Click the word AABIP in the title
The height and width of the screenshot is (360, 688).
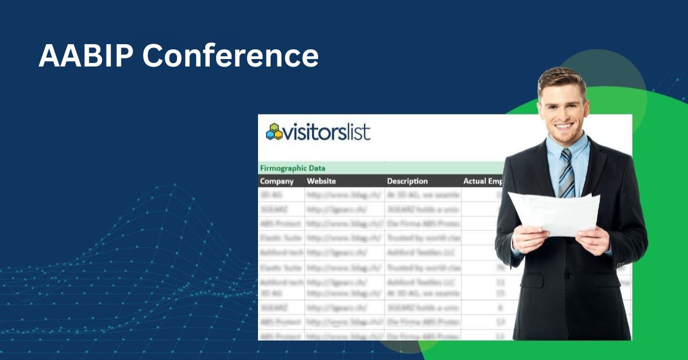(84, 56)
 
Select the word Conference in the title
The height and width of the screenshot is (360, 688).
(230, 56)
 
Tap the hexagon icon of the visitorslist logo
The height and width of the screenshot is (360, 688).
(275, 132)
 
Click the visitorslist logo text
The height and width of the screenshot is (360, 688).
(327, 132)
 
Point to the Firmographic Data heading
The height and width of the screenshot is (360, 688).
(292, 168)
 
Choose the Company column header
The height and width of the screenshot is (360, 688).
(276, 181)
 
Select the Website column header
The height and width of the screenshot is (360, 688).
(321, 181)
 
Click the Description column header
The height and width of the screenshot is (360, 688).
(407, 181)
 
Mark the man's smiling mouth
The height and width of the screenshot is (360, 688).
(564, 126)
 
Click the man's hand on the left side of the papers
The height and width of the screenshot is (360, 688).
(530, 238)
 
